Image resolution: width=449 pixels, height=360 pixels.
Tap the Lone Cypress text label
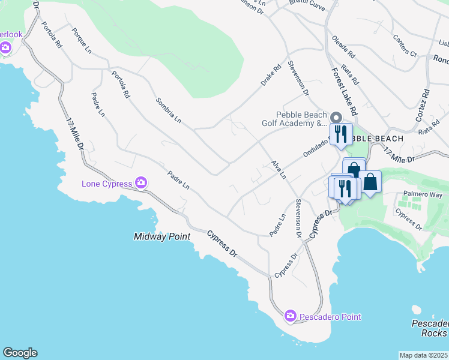pyautogui.click(x=107, y=183)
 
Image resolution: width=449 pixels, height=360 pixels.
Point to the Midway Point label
pyautogui.click(x=161, y=237)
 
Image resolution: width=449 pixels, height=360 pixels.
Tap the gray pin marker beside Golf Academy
pyautogui.click(x=336, y=118)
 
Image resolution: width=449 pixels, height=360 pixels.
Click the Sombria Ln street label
pyautogui.click(x=169, y=110)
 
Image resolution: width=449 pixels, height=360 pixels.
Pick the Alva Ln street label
pyautogui.click(x=278, y=170)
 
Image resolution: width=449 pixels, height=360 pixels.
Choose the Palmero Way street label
pyautogui.click(x=422, y=194)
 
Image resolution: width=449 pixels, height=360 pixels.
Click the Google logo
pyautogui.click(x=20, y=353)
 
